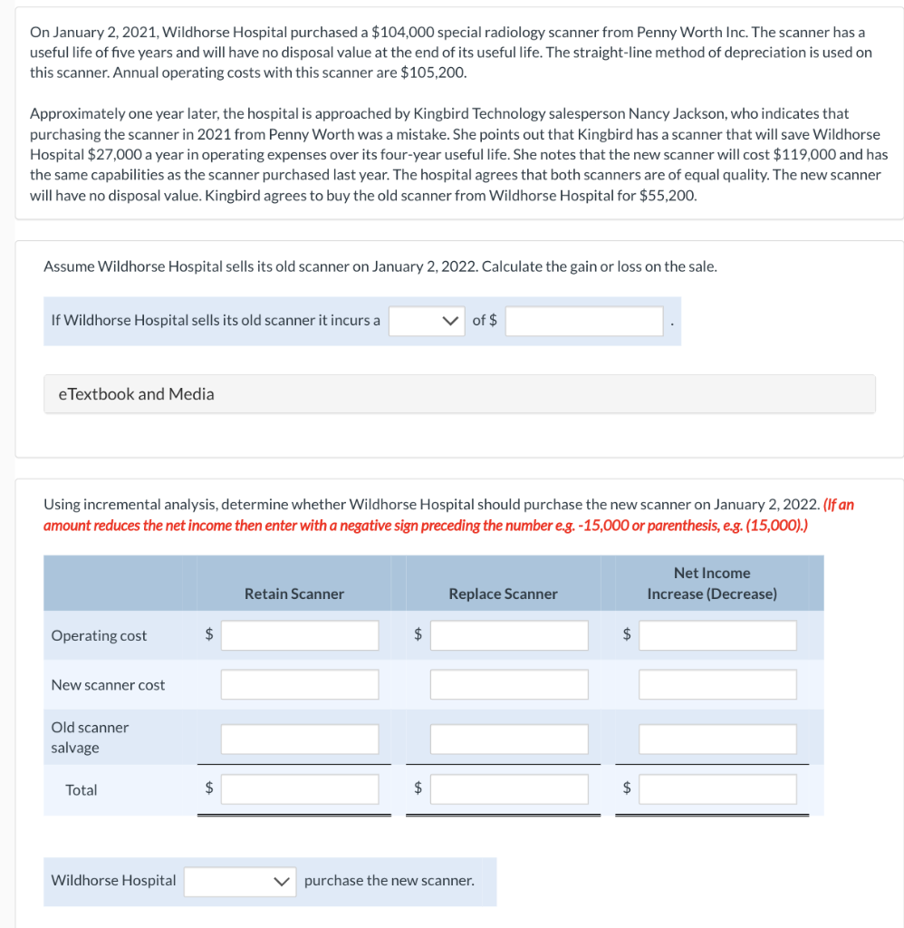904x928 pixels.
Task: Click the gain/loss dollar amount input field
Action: point(584,321)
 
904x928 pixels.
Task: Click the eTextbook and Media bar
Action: point(459,394)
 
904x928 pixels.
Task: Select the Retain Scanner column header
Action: point(294,594)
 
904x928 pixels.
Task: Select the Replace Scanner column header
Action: point(503,594)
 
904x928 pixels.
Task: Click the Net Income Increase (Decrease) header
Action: point(712,584)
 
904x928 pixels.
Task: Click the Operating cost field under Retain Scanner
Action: point(300,635)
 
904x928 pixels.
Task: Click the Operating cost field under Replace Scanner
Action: point(509,635)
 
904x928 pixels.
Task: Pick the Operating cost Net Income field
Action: point(717,635)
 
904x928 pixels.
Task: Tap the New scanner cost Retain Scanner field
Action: point(300,684)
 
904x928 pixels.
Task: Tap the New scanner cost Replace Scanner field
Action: point(509,684)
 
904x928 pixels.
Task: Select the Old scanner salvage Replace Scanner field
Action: point(509,739)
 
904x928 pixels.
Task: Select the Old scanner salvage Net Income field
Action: point(717,739)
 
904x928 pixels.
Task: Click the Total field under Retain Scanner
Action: point(300,789)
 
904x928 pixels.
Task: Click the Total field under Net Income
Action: point(717,789)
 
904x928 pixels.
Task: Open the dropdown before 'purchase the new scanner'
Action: point(240,881)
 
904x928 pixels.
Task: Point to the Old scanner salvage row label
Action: point(90,738)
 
